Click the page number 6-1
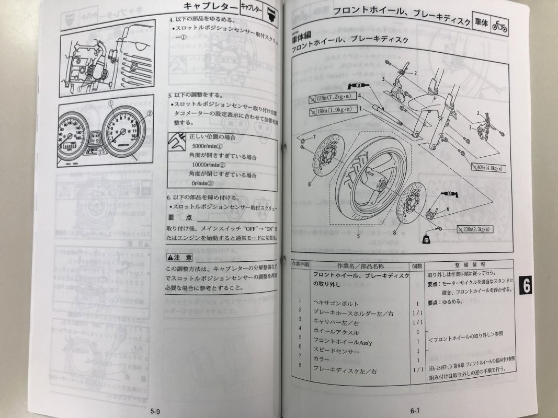coord(415,410)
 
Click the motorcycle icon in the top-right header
coord(499,26)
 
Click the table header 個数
coord(417,265)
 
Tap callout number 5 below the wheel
coord(359,236)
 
